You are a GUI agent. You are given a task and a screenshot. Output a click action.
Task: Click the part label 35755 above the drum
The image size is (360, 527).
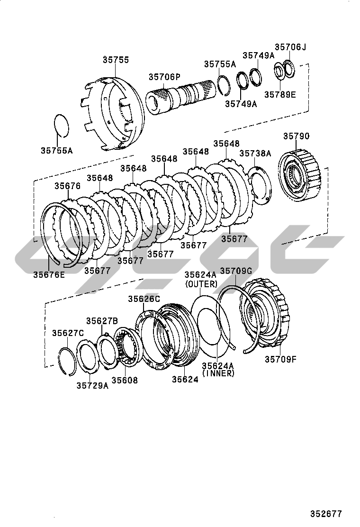click(116, 60)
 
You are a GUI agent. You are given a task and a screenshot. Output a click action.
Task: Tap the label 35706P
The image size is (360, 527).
click(164, 77)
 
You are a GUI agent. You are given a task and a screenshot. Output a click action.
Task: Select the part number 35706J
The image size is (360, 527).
click(290, 47)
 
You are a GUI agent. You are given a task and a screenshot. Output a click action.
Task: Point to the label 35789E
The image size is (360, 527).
click(280, 95)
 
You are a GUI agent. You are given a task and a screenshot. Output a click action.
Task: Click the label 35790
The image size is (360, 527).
click(296, 136)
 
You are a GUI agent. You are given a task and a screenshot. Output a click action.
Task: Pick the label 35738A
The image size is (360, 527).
click(255, 153)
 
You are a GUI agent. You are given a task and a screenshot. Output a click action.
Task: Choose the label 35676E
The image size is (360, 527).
click(49, 274)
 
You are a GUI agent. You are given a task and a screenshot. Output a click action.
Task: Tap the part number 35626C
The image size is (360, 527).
click(144, 299)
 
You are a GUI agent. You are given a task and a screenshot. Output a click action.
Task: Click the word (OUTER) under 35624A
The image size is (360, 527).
click(201, 284)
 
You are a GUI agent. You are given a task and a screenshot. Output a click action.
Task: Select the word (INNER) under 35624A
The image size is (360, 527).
click(218, 373)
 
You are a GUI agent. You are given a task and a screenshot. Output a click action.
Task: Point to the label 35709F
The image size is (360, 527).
click(281, 359)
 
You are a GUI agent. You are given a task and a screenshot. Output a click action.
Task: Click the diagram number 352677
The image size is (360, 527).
click(326, 514)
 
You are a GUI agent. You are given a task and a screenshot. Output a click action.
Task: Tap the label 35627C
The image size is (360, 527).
click(68, 333)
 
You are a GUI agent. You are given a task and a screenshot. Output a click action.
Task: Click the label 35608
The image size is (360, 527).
click(125, 380)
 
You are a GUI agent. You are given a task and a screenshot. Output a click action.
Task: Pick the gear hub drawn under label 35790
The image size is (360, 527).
click(299, 176)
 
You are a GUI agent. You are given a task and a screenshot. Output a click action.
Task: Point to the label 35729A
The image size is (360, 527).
click(93, 385)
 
